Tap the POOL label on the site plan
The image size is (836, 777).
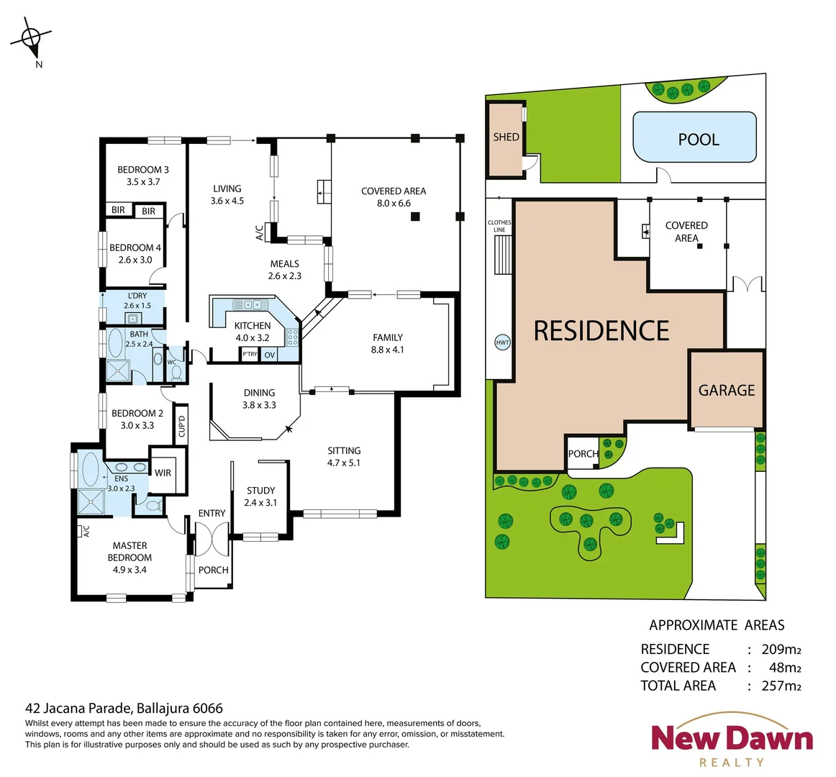coord(699,140)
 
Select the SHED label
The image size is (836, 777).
coord(506,137)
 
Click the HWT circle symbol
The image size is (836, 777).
coord(502,343)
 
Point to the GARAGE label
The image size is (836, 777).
coord(727,390)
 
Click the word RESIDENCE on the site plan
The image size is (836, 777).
coord(601,331)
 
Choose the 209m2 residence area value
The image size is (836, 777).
coord(781,649)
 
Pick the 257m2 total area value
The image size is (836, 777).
coord(781,686)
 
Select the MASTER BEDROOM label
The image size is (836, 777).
coord(130,551)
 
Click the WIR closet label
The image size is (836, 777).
coord(163,473)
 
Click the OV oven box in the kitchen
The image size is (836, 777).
coord(270,355)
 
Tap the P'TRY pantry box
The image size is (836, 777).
coord(250,355)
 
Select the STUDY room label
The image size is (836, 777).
coord(260,491)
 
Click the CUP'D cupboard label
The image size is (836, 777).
coord(182,425)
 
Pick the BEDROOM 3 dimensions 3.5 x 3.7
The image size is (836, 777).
coord(143,182)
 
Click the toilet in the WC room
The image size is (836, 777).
coord(177,371)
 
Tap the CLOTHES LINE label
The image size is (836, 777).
coord(499,226)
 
